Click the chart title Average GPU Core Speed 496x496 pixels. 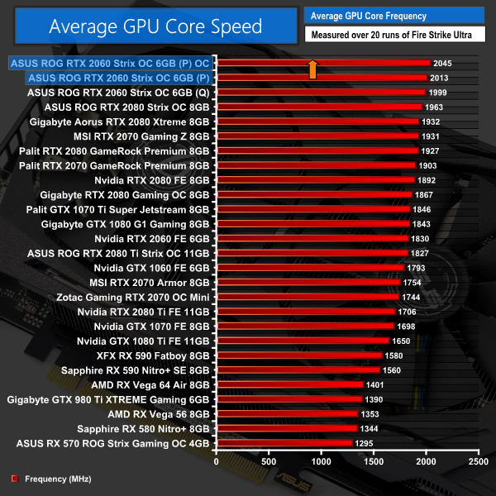tap(155, 26)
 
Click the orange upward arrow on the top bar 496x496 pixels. tap(312, 69)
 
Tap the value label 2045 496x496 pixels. tap(444, 63)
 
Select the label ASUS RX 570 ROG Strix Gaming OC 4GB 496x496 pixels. tap(113, 443)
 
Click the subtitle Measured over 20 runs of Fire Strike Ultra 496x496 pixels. tap(396, 36)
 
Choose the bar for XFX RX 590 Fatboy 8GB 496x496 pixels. tap(298, 355)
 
